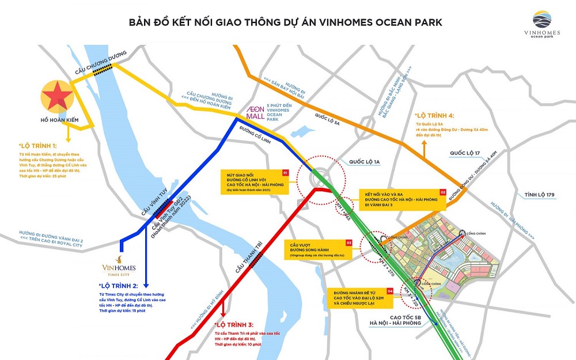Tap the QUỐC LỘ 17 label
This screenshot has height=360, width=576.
(x=465, y=153)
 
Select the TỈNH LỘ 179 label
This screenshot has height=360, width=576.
(x=539, y=195)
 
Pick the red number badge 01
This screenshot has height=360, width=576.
(x=284, y=172)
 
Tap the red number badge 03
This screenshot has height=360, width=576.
(x=348, y=243)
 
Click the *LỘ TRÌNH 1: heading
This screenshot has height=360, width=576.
(x=39, y=147)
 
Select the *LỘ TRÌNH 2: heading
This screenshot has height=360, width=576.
(x=118, y=286)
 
